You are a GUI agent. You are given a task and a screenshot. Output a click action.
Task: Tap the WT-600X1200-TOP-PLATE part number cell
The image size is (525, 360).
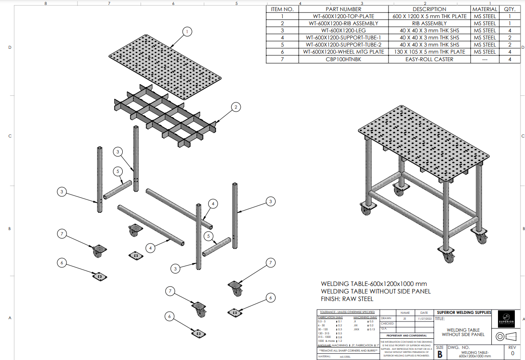[343, 16]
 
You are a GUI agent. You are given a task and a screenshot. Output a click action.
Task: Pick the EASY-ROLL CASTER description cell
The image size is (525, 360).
[429, 59]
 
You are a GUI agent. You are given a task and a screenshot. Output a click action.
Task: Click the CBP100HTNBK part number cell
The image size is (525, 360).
[343, 59]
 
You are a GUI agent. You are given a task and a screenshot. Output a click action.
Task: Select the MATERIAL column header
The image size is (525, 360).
[484, 9]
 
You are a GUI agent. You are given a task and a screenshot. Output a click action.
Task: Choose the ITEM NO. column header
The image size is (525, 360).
[282, 9]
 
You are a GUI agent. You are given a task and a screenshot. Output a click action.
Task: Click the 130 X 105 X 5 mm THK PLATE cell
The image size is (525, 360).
[429, 52]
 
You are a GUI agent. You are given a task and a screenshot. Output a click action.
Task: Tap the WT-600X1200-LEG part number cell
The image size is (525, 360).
[343, 31]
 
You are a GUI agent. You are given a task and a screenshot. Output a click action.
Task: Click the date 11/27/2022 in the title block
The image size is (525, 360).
[424, 318]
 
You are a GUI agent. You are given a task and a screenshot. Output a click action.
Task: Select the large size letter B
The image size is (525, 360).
[439, 354]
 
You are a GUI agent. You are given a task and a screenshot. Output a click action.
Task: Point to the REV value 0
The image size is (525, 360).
[512, 353]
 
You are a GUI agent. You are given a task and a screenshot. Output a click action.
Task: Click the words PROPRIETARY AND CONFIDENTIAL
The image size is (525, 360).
[406, 336]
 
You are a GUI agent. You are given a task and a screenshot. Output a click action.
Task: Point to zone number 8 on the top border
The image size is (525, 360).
[46, 4]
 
